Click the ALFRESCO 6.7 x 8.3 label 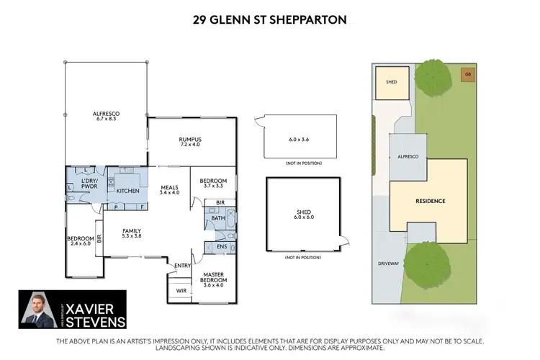tap(105, 117)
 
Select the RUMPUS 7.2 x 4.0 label tap(190, 142)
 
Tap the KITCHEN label tap(127, 192)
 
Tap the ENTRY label tap(183, 266)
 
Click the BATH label tap(218, 217)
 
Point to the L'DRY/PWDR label tap(89, 182)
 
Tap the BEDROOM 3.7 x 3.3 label tap(213, 183)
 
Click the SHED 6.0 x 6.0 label tap(302, 215)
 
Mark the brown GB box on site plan tap(467, 74)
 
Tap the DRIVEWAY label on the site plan tap(388, 264)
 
